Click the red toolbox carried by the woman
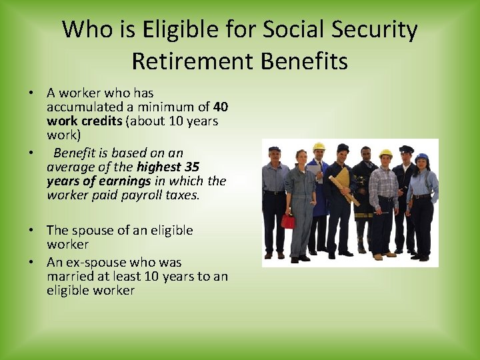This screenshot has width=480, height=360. (x=288, y=221)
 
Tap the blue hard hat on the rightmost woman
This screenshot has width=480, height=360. (x=421, y=158)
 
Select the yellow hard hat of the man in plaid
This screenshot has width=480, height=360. (x=385, y=154)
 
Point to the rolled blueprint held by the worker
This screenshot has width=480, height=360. (x=343, y=186)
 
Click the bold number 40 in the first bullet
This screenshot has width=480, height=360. (x=221, y=107)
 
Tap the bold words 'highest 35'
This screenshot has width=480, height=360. (x=167, y=167)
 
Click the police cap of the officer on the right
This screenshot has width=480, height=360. (x=406, y=149)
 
